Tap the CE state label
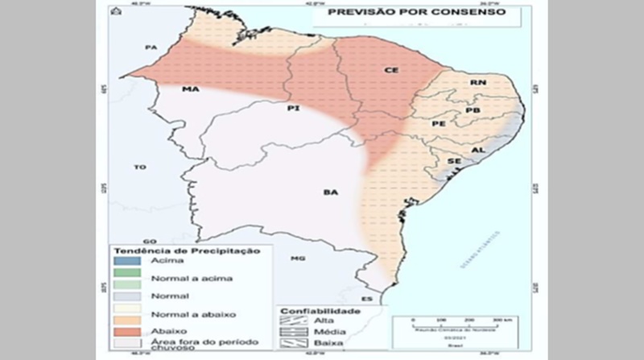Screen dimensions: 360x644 pyautogui.click(x=391, y=71)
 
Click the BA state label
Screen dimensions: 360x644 pyautogui.click(x=329, y=192)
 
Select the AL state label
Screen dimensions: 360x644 pyautogui.click(x=477, y=150)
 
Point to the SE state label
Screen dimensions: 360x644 pyautogui.click(x=454, y=161)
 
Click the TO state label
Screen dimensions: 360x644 pyautogui.click(x=140, y=168)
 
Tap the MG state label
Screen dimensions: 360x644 pyautogui.click(x=299, y=259)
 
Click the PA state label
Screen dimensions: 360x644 pyautogui.click(x=150, y=48)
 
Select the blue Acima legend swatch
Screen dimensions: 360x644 pyautogui.click(x=123, y=262)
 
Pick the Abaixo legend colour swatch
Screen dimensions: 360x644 pyautogui.click(x=123, y=328)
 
